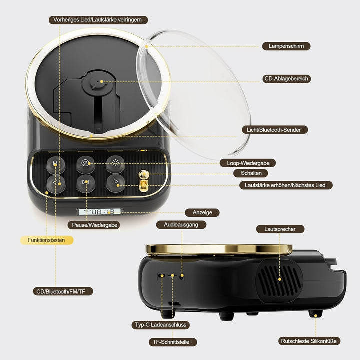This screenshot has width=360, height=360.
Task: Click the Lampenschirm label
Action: pyautogui.click(x=286, y=46)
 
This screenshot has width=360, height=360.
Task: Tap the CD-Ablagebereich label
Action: pyautogui.click(x=286, y=79)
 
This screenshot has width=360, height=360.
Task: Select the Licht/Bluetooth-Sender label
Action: pyautogui.click(x=275, y=130)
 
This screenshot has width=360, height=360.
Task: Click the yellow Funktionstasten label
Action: pyautogui.click(x=47, y=240)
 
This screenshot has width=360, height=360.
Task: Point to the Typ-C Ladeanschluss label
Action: pyautogui.click(x=160, y=325)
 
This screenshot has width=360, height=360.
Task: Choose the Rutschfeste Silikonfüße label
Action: pyautogui.click(x=309, y=341)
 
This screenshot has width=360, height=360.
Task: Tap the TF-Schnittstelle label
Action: pyautogui.click(x=171, y=342)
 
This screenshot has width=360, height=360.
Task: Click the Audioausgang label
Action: pyautogui.click(x=181, y=225)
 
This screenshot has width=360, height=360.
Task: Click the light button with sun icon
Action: pyautogui.click(x=115, y=164)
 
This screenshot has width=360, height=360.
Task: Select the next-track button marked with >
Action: pyautogui.click(x=116, y=183)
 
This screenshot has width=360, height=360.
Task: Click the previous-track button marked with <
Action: pyautogui.click(x=56, y=184)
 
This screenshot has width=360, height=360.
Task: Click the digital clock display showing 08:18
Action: pyautogui.click(x=100, y=211)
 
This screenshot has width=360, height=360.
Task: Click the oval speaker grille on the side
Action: pyautogui.click(x=279, y=281)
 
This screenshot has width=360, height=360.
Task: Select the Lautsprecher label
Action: pyautogui.click(x=280, y=229)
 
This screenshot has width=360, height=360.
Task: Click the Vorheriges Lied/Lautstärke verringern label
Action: pyautogui.click(x=98, y=20)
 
